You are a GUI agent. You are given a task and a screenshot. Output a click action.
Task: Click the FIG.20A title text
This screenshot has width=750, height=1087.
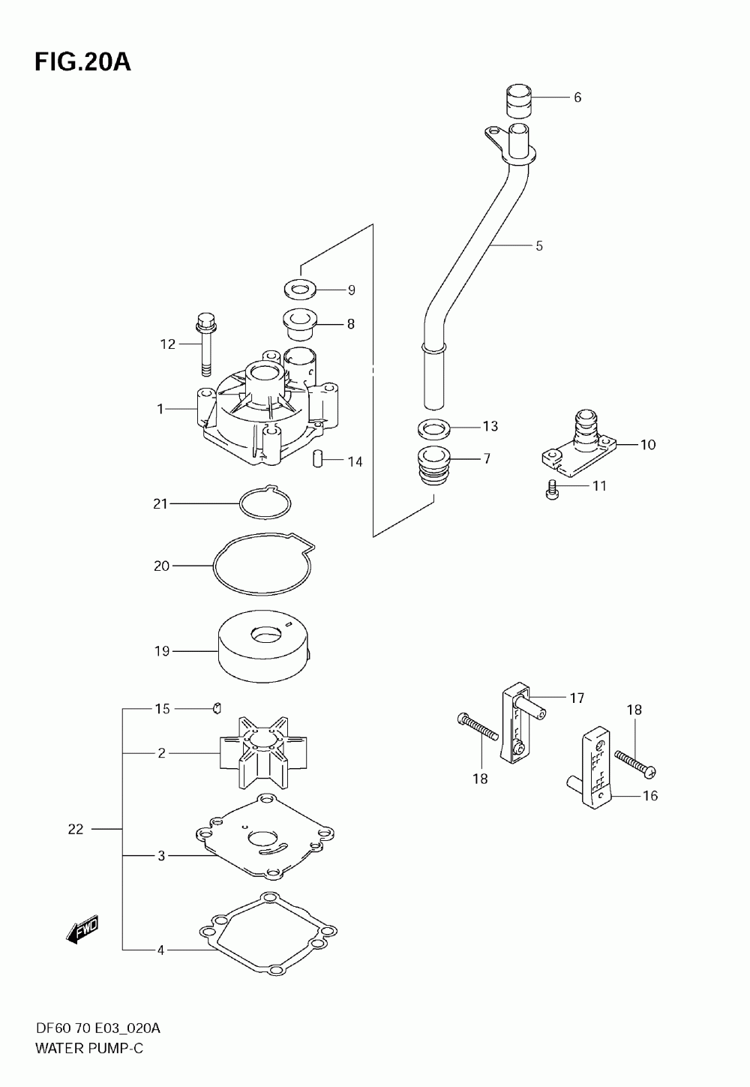point(83,62)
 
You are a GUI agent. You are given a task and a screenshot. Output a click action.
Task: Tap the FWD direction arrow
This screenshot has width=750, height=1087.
point(82,929)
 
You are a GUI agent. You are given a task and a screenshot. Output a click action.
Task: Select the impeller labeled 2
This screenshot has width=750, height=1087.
point(263,752)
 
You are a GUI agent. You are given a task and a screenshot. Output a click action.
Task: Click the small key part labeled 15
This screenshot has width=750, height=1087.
point(217,708)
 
